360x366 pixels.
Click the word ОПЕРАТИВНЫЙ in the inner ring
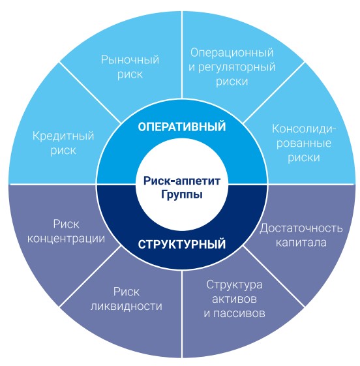point(182,127)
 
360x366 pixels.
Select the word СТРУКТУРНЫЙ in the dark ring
point(182,245)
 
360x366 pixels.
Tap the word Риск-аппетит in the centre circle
point(182,181)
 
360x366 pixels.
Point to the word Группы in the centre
point(182,195)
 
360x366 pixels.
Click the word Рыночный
point(130,60)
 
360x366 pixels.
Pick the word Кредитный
point(63,136)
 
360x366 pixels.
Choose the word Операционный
point(232,53)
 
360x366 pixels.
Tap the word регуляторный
point(237,68)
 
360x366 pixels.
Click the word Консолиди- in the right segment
point(304,129)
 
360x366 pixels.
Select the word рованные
point(304,143)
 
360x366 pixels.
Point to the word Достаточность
point(301,228)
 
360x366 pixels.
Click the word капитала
point(301,243)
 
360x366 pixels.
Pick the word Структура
point(234,284)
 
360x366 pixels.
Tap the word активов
point(234,299)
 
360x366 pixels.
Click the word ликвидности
point(127,306)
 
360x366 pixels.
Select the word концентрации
point(66,239)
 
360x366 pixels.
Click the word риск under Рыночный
point(130,74)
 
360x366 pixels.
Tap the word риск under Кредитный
point(63,151)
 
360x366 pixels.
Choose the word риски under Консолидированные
point(304,158)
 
